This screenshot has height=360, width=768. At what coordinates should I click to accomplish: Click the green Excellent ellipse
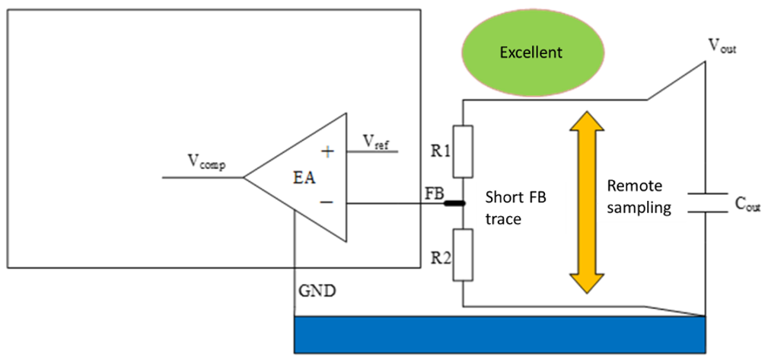[531, 53]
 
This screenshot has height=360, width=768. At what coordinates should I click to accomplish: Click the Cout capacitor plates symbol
[706, 203]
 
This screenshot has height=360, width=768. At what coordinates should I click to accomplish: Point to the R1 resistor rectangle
[463, 151]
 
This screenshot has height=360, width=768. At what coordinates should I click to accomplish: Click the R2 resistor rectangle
[463, 255]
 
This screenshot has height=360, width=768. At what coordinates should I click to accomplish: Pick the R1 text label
[438, 151]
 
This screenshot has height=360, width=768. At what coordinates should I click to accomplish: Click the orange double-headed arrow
[586, 202]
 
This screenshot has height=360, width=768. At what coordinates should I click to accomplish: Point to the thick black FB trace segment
[454, 202]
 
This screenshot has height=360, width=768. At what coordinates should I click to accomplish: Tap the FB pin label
[434, 193]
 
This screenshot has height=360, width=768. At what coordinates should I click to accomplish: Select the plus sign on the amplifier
[327, 152]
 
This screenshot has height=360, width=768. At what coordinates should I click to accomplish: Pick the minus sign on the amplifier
[327, 202]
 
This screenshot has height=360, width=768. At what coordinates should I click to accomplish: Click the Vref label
[376, 142]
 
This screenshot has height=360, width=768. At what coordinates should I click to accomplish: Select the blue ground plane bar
[500, 335]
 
